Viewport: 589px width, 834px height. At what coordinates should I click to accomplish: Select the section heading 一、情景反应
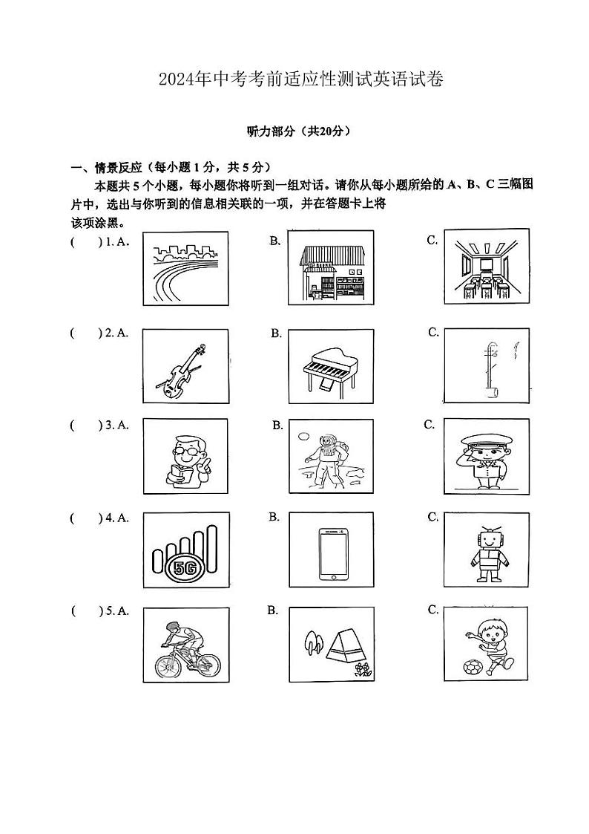(109, 166)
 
